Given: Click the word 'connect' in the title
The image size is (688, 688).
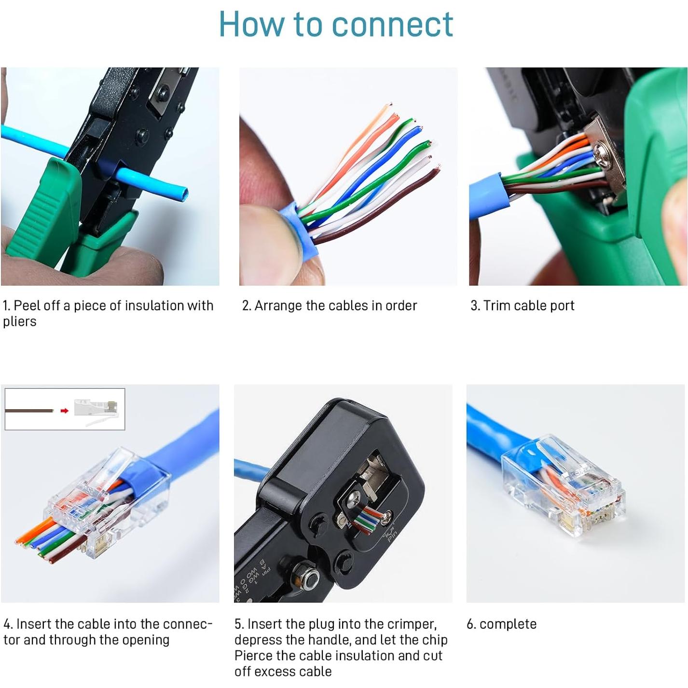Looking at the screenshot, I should (392, 24).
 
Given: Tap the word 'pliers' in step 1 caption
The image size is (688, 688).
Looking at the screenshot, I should (19, 322).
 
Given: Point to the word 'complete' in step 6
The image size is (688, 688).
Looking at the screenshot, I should (508, 624).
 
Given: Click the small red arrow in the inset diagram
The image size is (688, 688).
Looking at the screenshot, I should (65, 411).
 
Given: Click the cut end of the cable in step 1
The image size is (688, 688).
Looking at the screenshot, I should (183, 194).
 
